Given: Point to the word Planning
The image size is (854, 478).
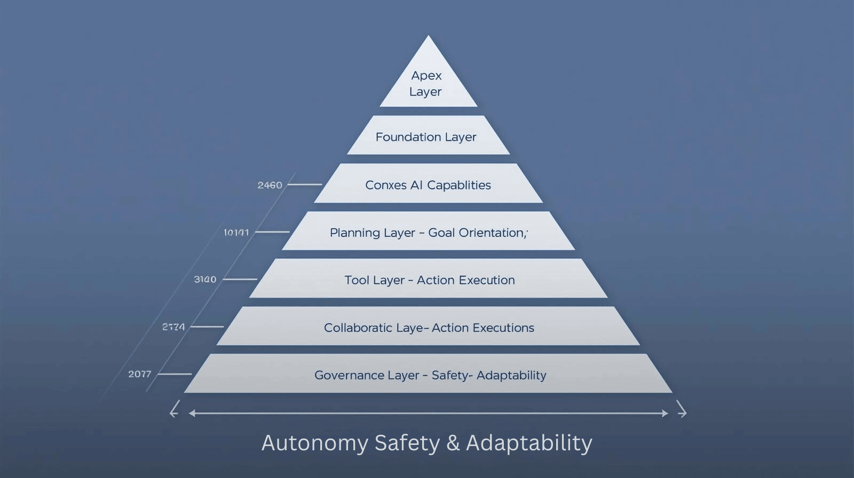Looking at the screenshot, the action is [353, 233].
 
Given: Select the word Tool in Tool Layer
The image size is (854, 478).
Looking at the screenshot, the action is [357, 280].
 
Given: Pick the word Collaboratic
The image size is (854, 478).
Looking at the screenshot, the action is [358, 328].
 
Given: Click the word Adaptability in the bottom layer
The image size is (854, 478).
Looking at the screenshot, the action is [511, 375].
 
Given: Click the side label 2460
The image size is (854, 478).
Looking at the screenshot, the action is [270, 185].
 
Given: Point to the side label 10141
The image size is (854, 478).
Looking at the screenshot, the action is [236, 233].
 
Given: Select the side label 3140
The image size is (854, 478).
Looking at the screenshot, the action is [205, 280].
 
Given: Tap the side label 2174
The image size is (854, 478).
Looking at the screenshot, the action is [173, 326].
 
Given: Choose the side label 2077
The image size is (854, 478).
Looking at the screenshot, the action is [140, 374].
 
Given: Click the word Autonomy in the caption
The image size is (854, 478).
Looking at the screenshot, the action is [314, 443].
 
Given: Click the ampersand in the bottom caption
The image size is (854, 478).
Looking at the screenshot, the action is [453, 443].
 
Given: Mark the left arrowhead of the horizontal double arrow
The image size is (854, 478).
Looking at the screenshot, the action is [191, 413].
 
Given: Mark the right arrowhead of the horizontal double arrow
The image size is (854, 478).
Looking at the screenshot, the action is [665, 413].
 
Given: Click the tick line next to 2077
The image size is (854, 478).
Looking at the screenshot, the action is [174, 374].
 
